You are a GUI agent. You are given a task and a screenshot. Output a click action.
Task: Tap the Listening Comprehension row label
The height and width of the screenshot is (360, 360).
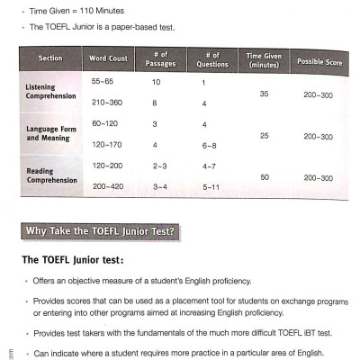(x=37, y=94)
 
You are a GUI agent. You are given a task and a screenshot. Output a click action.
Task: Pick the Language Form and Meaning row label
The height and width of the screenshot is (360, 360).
(x=42, y=135)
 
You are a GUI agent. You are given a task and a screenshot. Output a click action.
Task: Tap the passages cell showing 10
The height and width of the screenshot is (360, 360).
(x=156, y=82)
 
